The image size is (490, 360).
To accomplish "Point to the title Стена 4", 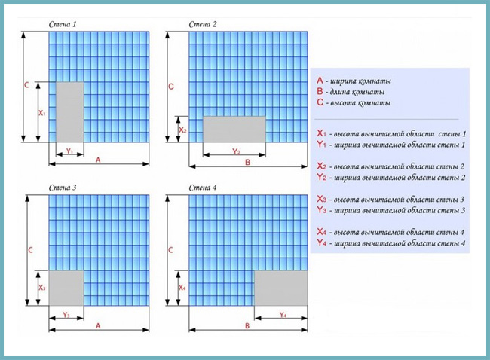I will pos(204,185).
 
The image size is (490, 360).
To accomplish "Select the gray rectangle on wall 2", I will pos(234,128).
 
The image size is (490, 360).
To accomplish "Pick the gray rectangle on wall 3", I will pos(66,288).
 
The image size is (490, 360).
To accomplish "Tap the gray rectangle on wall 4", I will pos(281,288).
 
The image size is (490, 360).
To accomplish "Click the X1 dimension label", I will pos(41,113).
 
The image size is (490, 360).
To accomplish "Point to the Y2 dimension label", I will pos(235,151).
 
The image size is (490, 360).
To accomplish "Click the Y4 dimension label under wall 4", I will pos(282,314).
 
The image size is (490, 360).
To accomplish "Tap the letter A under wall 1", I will pos(97,160).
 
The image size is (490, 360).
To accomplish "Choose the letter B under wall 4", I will pos(248,326).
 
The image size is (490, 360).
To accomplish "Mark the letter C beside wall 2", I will pos(171,87).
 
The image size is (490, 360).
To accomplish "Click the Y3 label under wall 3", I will pos(66,314).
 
